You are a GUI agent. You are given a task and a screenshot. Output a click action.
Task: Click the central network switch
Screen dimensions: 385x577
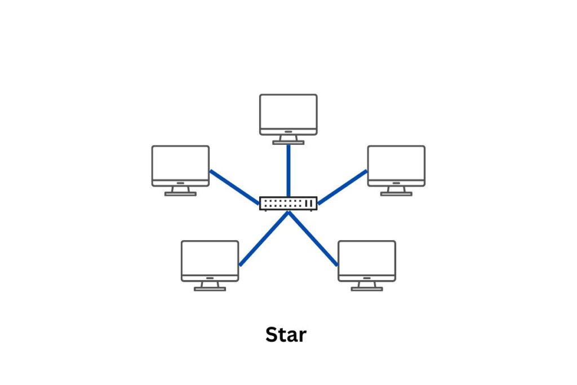288,203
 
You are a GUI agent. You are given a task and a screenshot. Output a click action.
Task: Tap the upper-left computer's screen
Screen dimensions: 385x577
180,163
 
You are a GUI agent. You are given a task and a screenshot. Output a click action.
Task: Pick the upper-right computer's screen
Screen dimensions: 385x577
396,163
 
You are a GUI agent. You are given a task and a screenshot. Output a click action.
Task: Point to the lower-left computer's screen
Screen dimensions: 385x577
210,258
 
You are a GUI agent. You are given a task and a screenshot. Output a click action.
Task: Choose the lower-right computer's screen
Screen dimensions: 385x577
367,258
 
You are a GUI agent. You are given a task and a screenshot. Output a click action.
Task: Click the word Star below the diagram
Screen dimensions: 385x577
286,335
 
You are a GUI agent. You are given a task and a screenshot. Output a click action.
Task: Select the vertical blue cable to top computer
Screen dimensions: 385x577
288,169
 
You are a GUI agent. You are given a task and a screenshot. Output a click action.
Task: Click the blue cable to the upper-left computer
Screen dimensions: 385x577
234,187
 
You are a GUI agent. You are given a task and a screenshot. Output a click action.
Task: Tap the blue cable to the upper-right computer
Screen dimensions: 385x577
342,187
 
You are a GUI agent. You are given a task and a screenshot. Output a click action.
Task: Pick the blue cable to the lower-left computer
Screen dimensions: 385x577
264,239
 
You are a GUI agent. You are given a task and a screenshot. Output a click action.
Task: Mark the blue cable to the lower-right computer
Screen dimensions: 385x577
313,239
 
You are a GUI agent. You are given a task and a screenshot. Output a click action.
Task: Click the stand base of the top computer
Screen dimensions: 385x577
288,143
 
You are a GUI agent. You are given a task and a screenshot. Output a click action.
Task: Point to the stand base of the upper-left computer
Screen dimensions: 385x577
180,194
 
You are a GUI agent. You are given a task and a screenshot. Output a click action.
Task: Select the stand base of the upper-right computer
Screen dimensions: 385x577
396,194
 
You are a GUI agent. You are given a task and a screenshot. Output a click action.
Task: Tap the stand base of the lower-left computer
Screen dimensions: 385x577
210,289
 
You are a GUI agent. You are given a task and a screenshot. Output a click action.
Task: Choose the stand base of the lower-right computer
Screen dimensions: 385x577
367,289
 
